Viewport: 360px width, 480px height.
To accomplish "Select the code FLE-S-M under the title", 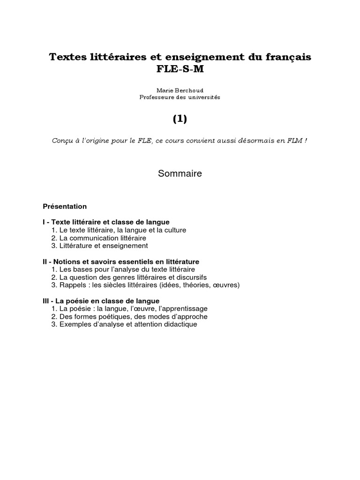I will [x=180, y=70].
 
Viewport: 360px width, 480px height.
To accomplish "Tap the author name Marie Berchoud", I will [x=180, y=90].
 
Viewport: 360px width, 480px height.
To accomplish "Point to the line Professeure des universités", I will [x=180, y=97].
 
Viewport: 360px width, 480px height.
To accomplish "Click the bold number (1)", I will [x=180, y=119].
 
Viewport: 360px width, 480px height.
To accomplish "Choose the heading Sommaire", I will [x=180, y=173].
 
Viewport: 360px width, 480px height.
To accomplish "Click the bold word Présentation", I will [x=65, y=206].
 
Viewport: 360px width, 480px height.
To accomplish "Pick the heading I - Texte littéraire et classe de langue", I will [x=106, y=222].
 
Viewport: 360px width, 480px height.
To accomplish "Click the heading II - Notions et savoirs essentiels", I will [x=121, y=262].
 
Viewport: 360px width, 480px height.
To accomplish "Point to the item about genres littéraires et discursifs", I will [x=133, y=277].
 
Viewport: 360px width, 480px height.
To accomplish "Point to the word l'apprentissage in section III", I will [x=184, y=309].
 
